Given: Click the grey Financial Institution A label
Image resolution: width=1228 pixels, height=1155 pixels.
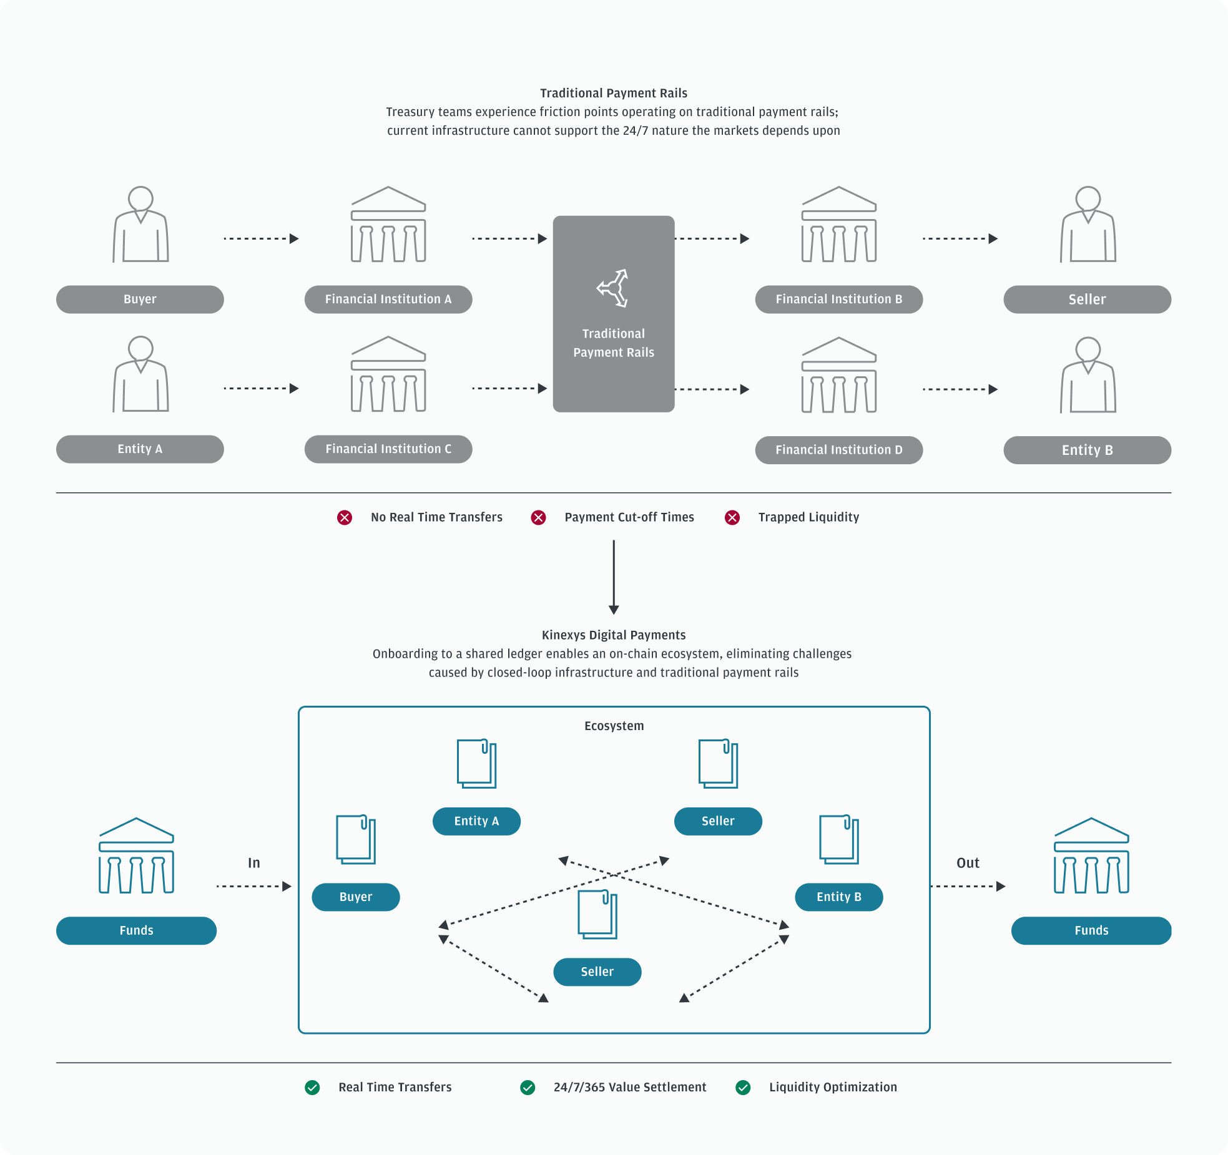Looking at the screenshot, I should tap(388, 300).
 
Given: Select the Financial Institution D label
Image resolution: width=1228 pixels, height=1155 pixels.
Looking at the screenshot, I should tap(838, 450).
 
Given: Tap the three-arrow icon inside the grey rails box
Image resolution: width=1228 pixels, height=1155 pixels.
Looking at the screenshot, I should tap(612, 288).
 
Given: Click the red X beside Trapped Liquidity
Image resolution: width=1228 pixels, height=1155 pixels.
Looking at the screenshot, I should tap(732, 517).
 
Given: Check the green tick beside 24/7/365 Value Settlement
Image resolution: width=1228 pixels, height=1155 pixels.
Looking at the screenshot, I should tap(528, 1088).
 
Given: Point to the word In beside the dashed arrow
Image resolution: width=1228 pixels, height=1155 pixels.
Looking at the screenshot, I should tap(253, 863).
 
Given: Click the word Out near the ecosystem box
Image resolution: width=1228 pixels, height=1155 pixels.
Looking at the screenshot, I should tap(968, 863).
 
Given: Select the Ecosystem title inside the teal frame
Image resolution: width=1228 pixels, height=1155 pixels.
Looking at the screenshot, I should tap(614, 726).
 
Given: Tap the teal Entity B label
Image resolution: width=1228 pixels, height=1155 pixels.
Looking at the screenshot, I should tap(838, 897).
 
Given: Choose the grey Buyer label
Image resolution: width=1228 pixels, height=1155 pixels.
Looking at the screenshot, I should tap(140, 300).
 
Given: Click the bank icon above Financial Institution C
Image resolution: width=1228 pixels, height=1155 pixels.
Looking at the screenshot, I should tap(388, 374).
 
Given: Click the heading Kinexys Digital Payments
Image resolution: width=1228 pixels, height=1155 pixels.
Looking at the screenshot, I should tap(614, 635).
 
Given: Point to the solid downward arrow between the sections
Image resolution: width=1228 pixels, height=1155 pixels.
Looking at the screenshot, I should tap(614, 577).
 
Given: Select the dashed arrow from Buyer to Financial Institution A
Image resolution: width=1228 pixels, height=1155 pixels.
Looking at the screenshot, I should tap(261, 238).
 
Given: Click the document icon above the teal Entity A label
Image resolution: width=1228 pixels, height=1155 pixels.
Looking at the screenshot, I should tap(476, 764).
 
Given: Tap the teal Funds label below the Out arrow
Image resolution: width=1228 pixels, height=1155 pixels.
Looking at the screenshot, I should tap(1091, 930).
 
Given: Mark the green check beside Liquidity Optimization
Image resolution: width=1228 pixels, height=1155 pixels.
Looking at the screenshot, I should tap(743, 1088).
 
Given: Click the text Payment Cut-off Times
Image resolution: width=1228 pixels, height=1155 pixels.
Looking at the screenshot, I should tap(629, 517).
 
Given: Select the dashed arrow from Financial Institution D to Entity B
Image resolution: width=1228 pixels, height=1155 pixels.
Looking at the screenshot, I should tap(960, 389).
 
